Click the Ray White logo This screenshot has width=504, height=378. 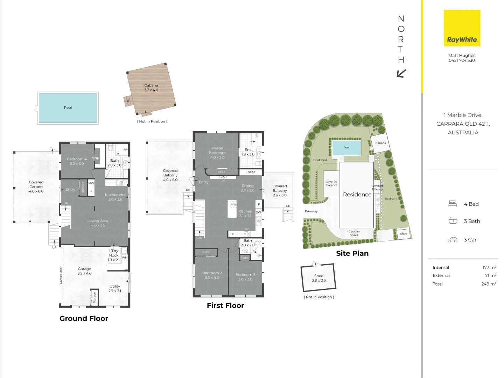[462, 28]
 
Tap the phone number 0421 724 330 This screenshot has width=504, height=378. [462, 60]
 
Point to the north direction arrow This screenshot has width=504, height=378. [401, 73]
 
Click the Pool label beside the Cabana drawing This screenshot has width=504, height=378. [68, 108]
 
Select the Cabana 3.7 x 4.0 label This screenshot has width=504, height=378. [151, 87]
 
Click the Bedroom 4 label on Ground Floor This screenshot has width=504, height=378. [77, 161]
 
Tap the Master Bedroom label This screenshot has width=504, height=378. [217, 153]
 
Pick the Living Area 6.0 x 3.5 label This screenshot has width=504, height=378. [98, 223]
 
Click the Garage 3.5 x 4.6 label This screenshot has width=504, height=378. [84, 271]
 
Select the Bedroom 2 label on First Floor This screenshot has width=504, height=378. [212, 275]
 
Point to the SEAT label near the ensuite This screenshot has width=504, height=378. [251, 172]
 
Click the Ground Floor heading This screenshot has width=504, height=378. [84, 318]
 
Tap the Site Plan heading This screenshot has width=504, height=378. [352, 253]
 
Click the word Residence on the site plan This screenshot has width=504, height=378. [357, 195]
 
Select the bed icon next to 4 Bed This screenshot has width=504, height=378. [453, 204]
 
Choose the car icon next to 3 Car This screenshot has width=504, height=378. [452, 240]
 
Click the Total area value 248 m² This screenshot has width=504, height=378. [489, 284]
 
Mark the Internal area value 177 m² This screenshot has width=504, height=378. [489, 267]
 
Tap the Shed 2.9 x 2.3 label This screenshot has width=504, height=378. [319, 278]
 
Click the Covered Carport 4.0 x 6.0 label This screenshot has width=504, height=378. [36, 187]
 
